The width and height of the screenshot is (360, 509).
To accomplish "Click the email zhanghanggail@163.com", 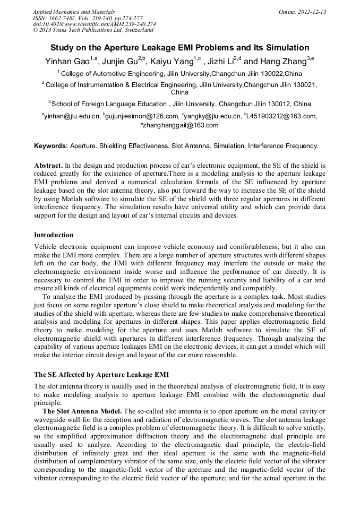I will point(181,126).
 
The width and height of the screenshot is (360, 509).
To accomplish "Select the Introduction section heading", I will point(54,235).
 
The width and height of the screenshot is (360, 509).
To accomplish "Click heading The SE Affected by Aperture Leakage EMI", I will point(101,374).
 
